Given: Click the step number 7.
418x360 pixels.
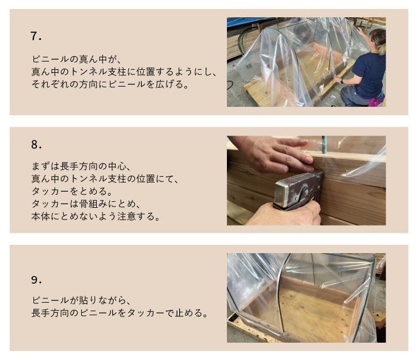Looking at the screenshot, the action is [x=36, y=36].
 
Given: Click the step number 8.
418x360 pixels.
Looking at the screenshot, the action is [x=36, y=144].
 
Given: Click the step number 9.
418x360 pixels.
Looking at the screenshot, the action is [x=36, y=280].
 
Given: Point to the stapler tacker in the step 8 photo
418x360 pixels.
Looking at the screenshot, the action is [x=299, y=190].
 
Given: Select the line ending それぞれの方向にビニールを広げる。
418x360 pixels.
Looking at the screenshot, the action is [x=110, y=84].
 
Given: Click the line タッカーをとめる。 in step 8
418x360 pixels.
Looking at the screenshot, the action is [x=72, y=191].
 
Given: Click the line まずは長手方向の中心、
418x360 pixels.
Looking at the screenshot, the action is [x=81, y=167].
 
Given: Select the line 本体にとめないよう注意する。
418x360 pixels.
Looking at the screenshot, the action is [x=96, y=216].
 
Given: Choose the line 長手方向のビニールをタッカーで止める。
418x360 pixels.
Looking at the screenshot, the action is [x=120, y=313].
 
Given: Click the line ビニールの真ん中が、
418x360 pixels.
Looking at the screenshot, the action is [x=77, y=59].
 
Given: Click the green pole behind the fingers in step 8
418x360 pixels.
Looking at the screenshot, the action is [x=324, y=144].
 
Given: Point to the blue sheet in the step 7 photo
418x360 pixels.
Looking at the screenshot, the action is [x=248, y=22].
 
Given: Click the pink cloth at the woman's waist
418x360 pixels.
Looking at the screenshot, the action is [x=376, y=101].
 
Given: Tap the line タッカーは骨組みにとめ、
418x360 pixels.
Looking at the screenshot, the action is [x=86, y=204].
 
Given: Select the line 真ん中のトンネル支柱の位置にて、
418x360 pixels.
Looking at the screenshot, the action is [x=105, y=179].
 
